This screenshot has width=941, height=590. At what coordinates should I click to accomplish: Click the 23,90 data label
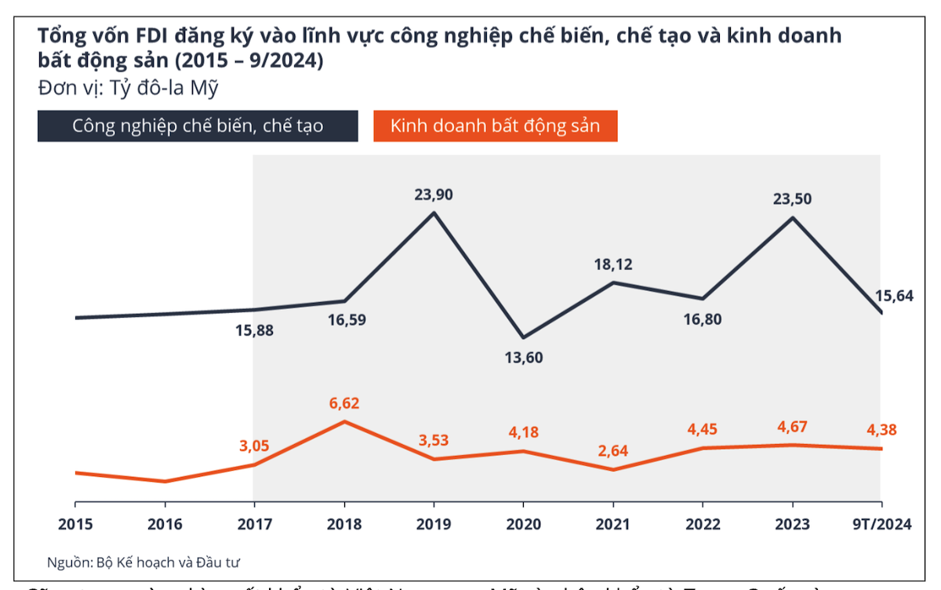point(434,194)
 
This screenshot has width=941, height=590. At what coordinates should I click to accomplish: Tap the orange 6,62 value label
point(345,403)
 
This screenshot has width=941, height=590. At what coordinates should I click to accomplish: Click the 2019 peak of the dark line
point(434,212)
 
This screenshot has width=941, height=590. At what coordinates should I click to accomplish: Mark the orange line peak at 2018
point(344,421)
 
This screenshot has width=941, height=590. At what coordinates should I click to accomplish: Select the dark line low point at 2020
point(524,337)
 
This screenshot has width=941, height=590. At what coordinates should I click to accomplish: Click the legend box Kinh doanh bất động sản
point(495,126)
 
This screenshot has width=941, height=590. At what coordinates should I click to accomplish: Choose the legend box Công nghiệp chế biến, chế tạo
point(198,126)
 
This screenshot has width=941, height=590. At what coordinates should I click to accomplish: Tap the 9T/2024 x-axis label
point(882,524)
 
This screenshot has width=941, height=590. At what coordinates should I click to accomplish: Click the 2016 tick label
point(165,524)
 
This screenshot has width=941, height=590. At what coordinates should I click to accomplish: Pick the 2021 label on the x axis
point(613,524)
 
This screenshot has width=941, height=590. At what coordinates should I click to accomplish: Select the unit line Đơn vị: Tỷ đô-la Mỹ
point(128,88)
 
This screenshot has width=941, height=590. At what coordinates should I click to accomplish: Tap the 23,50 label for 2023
point(792,198)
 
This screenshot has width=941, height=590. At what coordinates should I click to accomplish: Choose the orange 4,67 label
point(792,427)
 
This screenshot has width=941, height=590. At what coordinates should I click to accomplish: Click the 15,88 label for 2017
point(255,330)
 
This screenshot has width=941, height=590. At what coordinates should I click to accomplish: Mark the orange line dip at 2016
point(165,481)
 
